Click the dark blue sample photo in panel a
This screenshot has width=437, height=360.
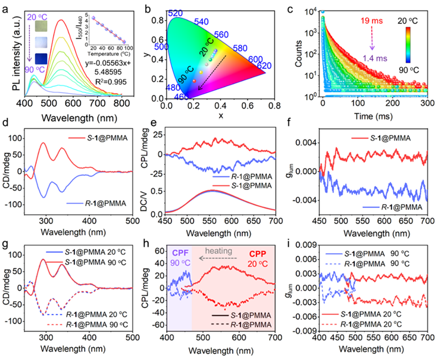(42, 58)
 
